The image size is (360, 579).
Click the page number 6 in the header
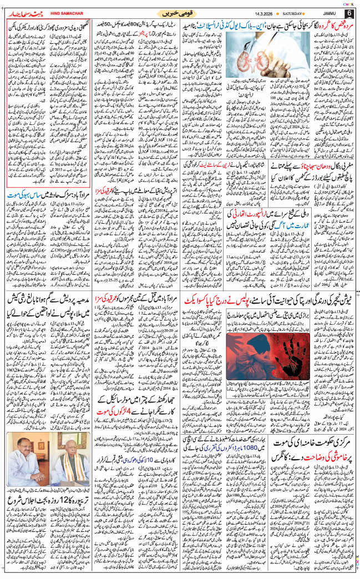click(349, 13)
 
